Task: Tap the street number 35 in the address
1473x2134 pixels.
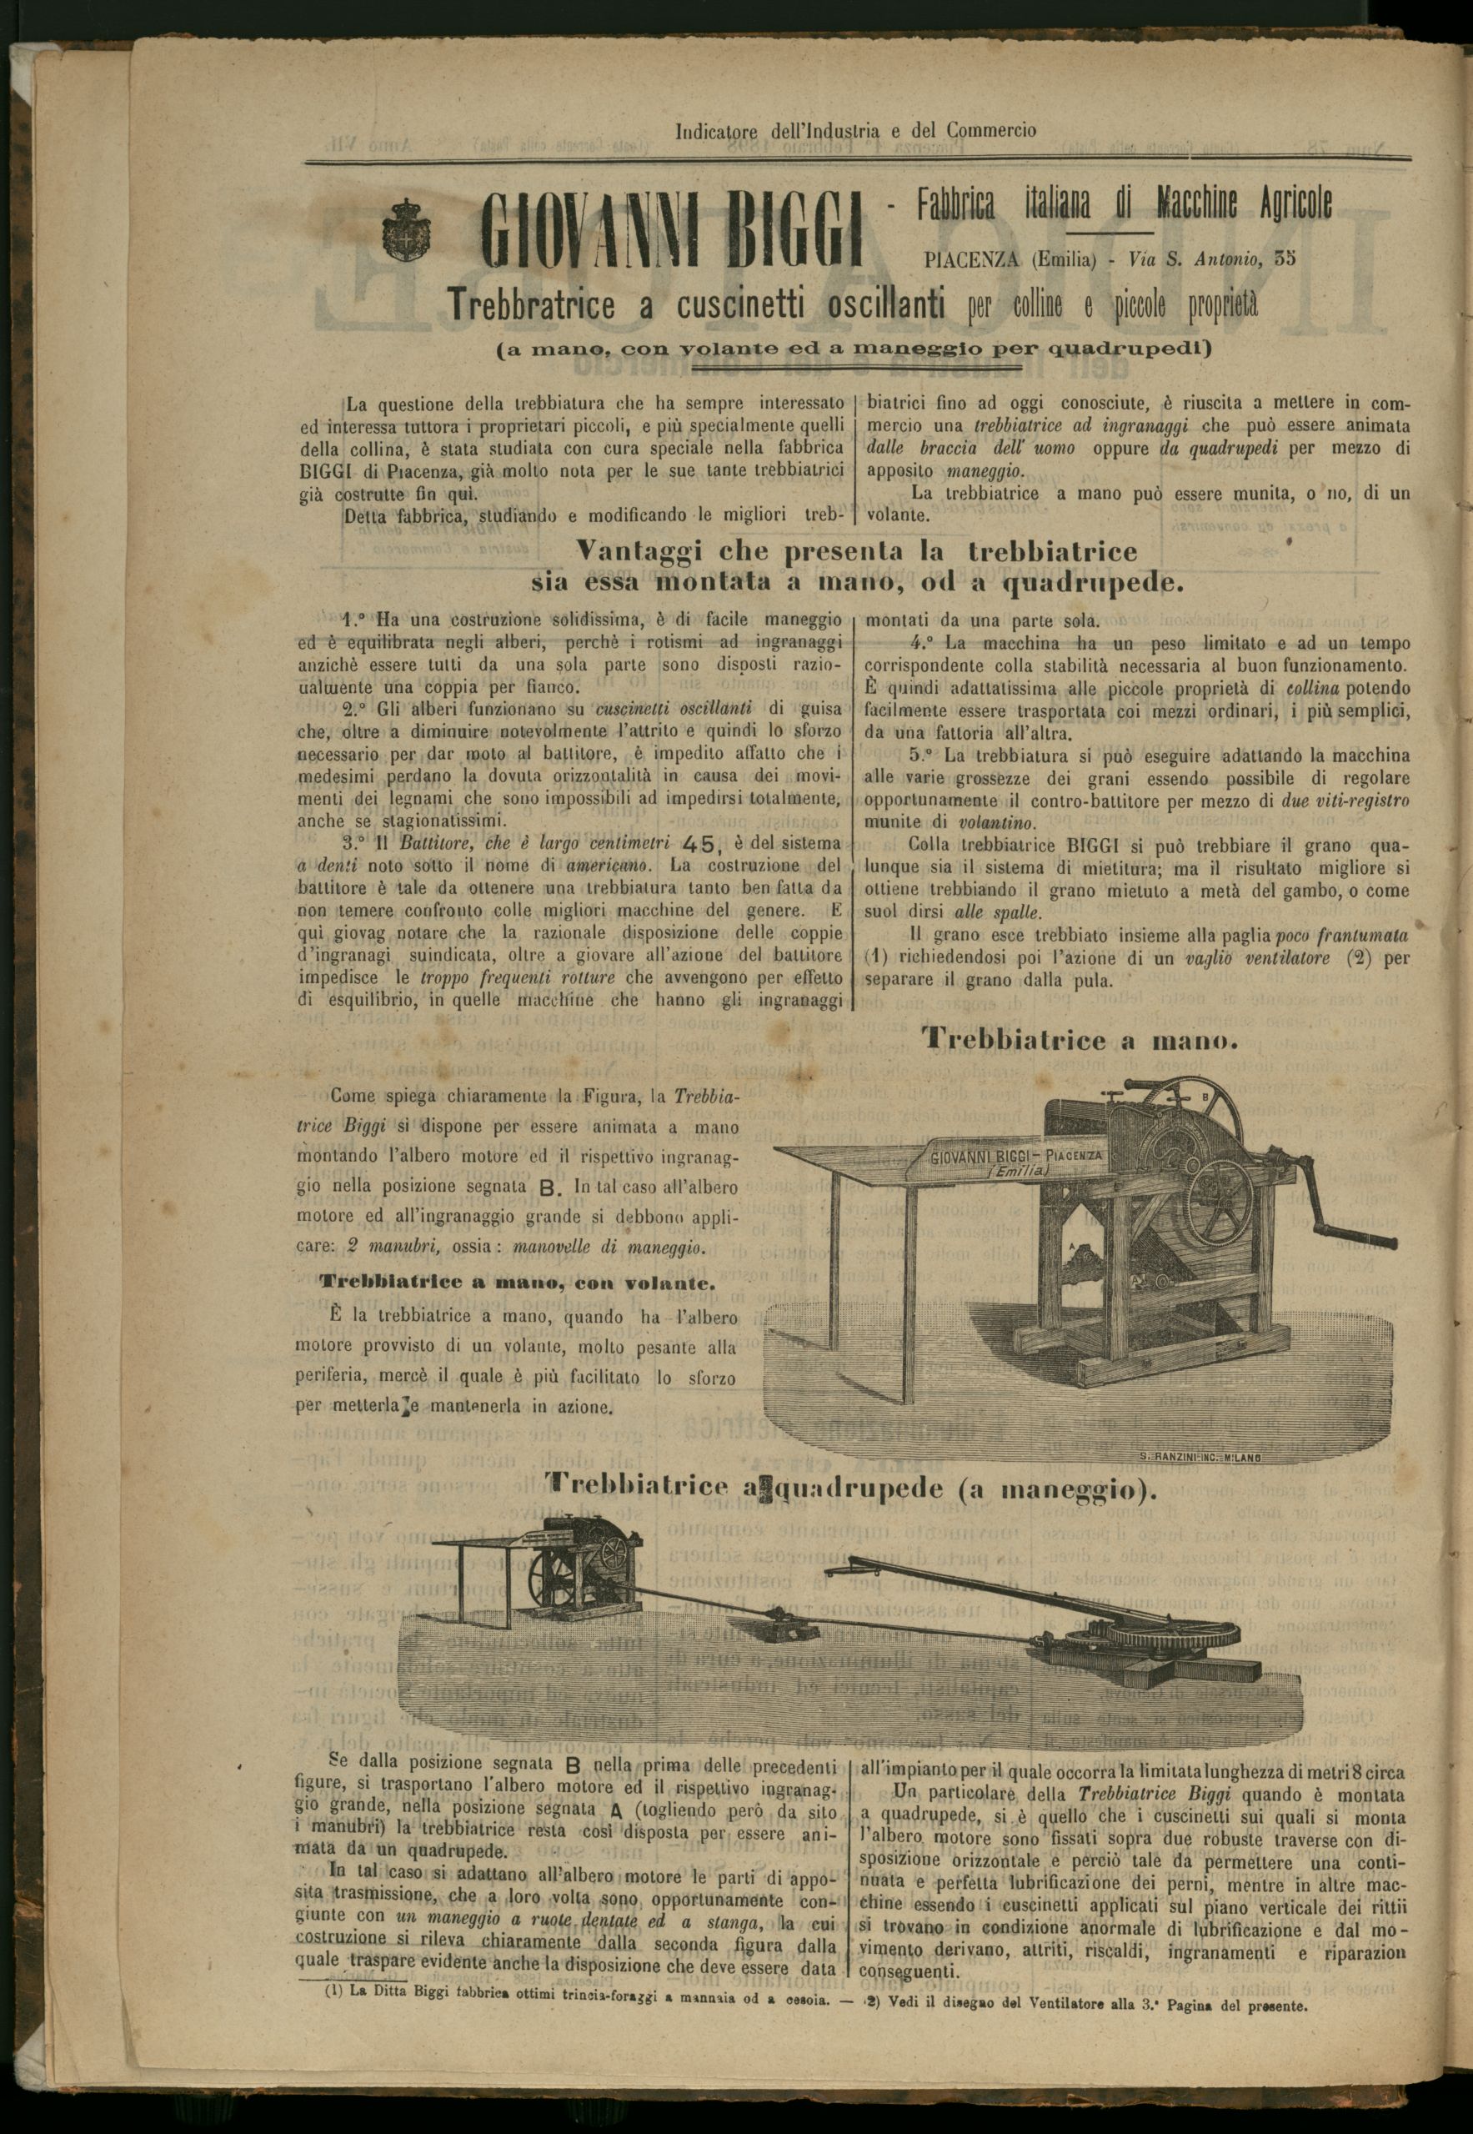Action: point(1285,259)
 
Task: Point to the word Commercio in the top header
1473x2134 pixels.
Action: point(991,131)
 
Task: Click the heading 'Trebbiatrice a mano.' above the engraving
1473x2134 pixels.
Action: point(1080,1040)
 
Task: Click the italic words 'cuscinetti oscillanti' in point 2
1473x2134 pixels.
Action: point(681,709)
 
